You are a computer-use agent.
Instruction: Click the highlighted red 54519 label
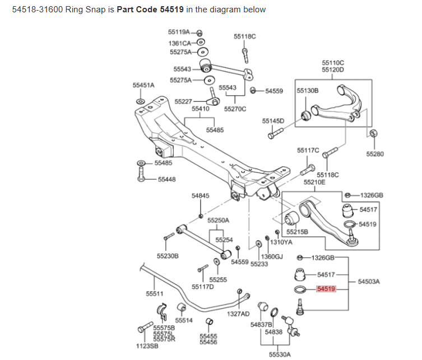pos(326,289)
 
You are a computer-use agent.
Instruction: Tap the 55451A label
pos(143,85)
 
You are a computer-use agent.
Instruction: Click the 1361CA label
pos(180,43)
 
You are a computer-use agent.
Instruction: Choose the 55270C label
pos(235,109)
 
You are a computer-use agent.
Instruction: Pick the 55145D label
pos(273,120)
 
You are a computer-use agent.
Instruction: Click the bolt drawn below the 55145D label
pos(274,134)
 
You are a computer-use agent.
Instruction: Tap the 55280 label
pos(375,154)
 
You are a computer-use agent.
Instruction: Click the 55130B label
pos(307,90)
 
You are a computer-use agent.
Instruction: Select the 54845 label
pos(200,196)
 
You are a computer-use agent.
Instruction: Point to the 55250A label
pos(219,221)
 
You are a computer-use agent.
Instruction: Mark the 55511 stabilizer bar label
pos(155,293)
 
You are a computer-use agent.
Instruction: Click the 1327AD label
pos(238,314)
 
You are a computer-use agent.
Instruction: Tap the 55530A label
pos(280,354)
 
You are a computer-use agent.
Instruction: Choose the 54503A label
pos(369,282)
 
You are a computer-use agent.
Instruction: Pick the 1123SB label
pos(147,345)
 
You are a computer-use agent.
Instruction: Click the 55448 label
pos(166,179)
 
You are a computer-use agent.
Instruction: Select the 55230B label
pos(168,256)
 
